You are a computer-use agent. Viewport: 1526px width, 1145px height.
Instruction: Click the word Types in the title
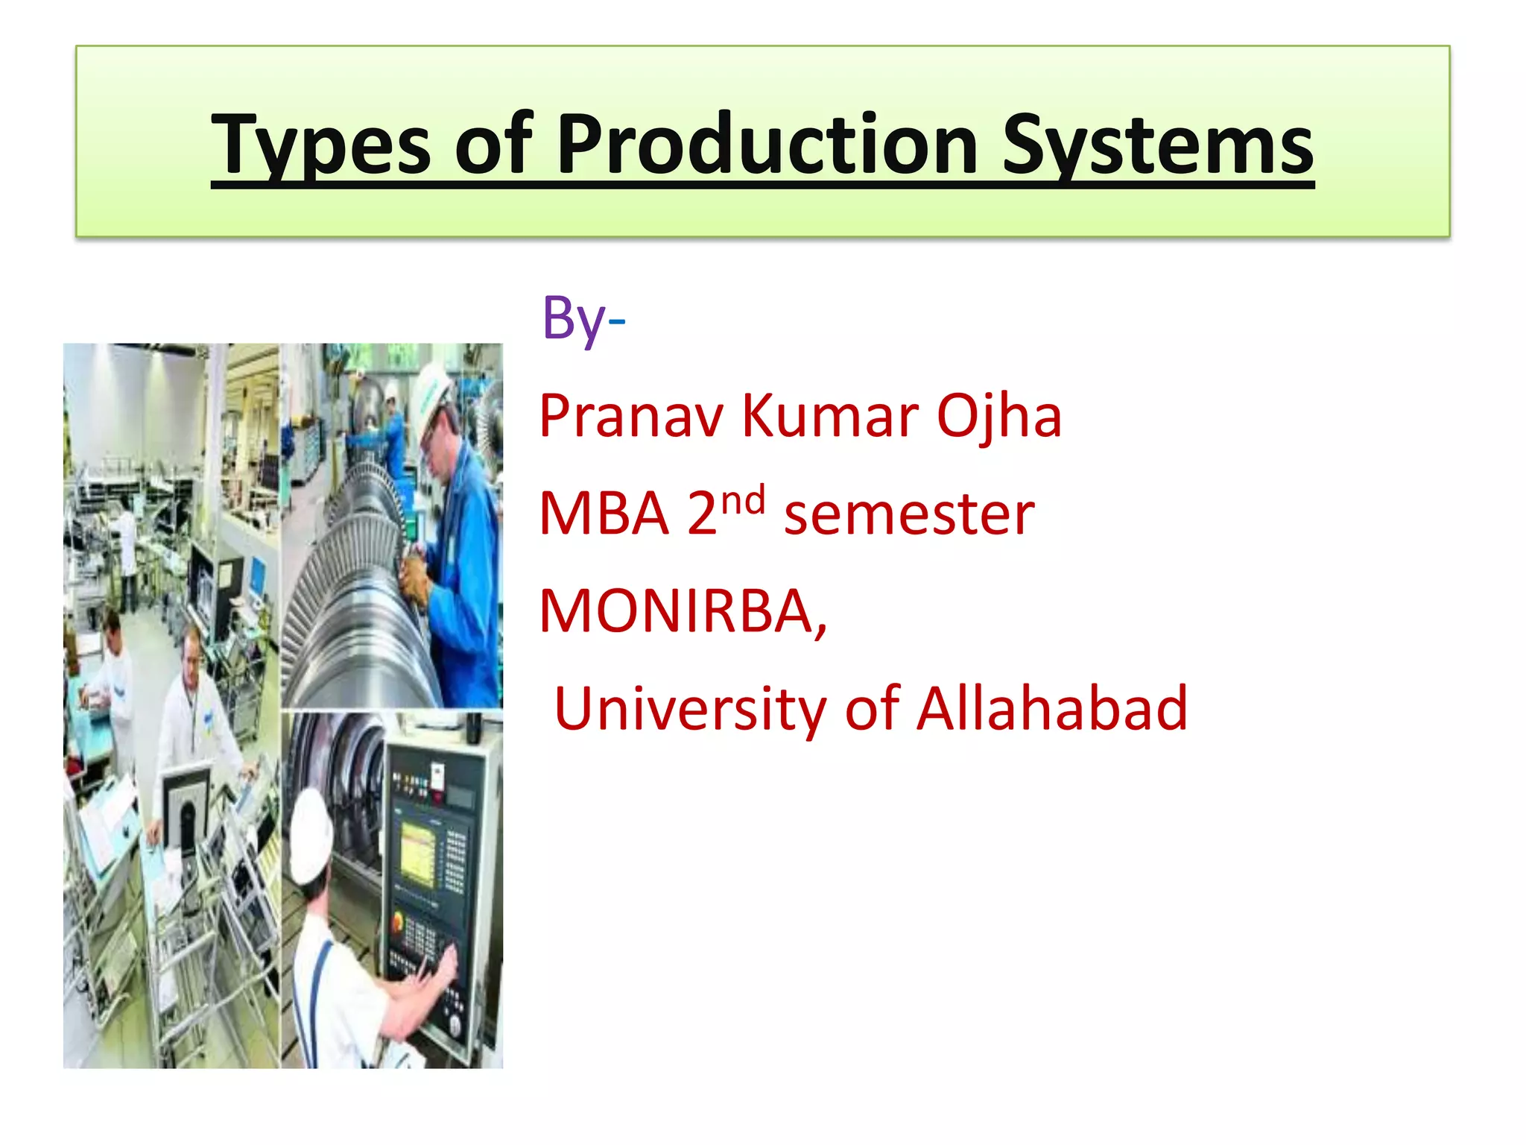(320, 145)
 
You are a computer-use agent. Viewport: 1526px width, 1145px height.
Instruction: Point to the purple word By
(572, 319)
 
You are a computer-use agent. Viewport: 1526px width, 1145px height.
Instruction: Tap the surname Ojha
(998, 417)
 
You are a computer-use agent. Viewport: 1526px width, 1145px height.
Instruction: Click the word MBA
(604, 514)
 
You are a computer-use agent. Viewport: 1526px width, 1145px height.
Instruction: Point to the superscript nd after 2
(743, 500)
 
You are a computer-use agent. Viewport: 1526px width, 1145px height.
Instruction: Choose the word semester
(909, 514)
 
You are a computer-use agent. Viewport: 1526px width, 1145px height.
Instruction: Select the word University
(690, 710)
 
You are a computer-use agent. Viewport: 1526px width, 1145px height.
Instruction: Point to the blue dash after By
(616, 322)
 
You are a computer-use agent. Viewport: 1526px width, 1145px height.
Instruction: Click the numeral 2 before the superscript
(702, 514)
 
